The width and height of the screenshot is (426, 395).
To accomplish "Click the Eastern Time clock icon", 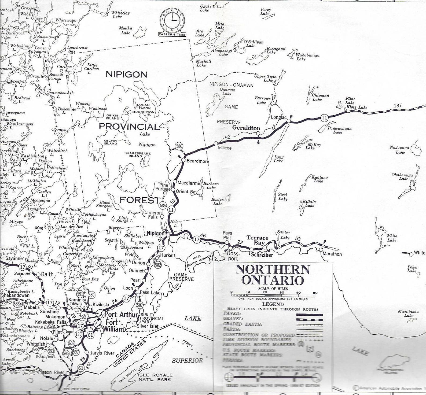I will click(x=172, y=21).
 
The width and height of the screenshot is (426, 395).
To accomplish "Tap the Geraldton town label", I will click(x=246, y=128).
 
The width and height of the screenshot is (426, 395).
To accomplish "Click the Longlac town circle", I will click(x=288, y=121).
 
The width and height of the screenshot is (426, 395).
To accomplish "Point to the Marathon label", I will click(x=332, y=254).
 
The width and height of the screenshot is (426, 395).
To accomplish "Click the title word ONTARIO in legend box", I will click(x=273, y=280).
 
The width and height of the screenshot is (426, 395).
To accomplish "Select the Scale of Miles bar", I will click(x=273, y=295).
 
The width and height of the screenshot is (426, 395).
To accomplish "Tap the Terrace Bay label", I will click(x=258, y=240).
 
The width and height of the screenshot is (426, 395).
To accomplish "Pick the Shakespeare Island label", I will click(x=137, y=154).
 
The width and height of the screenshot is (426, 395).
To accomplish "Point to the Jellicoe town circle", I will click(x=216, y=143).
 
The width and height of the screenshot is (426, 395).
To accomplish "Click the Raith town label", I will click(x=47, y=275).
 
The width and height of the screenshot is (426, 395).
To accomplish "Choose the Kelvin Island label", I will click(x=111, y=142).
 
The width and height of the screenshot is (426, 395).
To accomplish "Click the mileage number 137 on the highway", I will click(x=398, y=105).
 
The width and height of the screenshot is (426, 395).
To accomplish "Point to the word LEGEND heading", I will click(x=273, y=304).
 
